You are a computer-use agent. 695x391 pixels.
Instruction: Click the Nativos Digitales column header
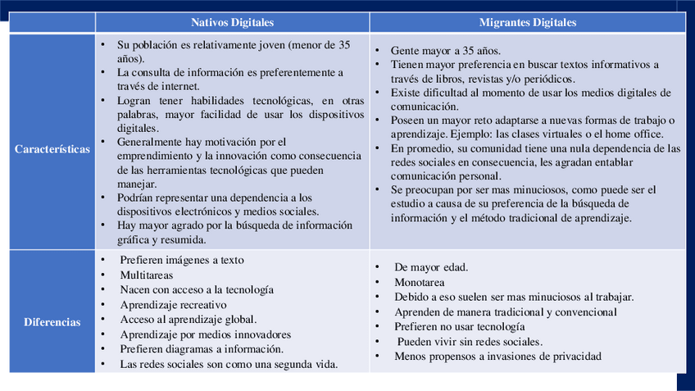[233, 22]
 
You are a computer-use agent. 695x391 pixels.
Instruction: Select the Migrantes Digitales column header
[527, 22]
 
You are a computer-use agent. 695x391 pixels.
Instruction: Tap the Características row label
[52, 149]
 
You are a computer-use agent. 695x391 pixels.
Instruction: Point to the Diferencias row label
[52, 322]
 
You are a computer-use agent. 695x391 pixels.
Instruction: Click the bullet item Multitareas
[147, 275]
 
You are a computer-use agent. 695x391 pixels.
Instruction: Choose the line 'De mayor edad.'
[431, 267]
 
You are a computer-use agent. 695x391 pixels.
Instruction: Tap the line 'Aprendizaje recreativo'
[174, 305]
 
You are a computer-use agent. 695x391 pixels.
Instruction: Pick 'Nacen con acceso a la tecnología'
[197, 290]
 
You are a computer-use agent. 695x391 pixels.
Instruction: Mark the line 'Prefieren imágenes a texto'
[182, 261]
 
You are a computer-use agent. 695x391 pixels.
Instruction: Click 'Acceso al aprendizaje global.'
[189, 320]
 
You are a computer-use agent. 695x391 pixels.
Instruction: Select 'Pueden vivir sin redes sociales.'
[470, 342]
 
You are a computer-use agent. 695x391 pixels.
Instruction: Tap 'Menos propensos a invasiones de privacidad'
[497, 357]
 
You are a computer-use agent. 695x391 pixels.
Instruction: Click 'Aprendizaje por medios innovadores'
[206, 334]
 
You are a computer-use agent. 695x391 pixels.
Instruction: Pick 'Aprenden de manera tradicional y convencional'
[506, 311]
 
